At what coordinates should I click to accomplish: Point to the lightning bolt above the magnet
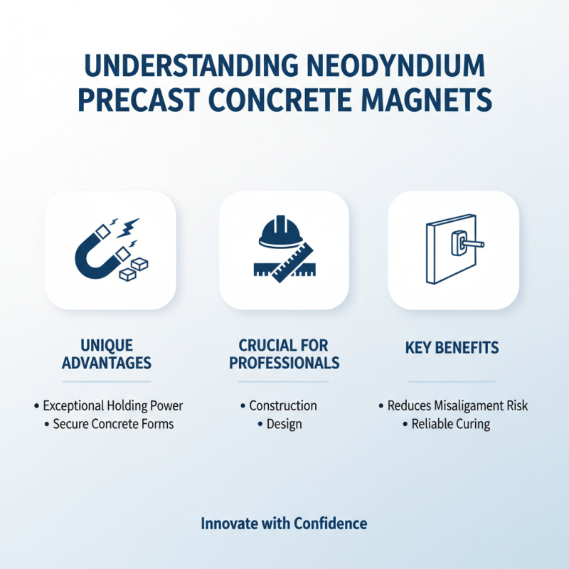(x=132, y=225)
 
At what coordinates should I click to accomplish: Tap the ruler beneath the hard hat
(x=284, y=263)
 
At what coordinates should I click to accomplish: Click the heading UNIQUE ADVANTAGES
(x=107, y=354)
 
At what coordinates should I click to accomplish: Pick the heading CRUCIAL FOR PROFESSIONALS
(x=283, y=354)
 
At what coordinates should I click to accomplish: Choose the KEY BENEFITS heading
(x=452, y=348)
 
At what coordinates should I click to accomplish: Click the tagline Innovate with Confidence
(x=284, y=524)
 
